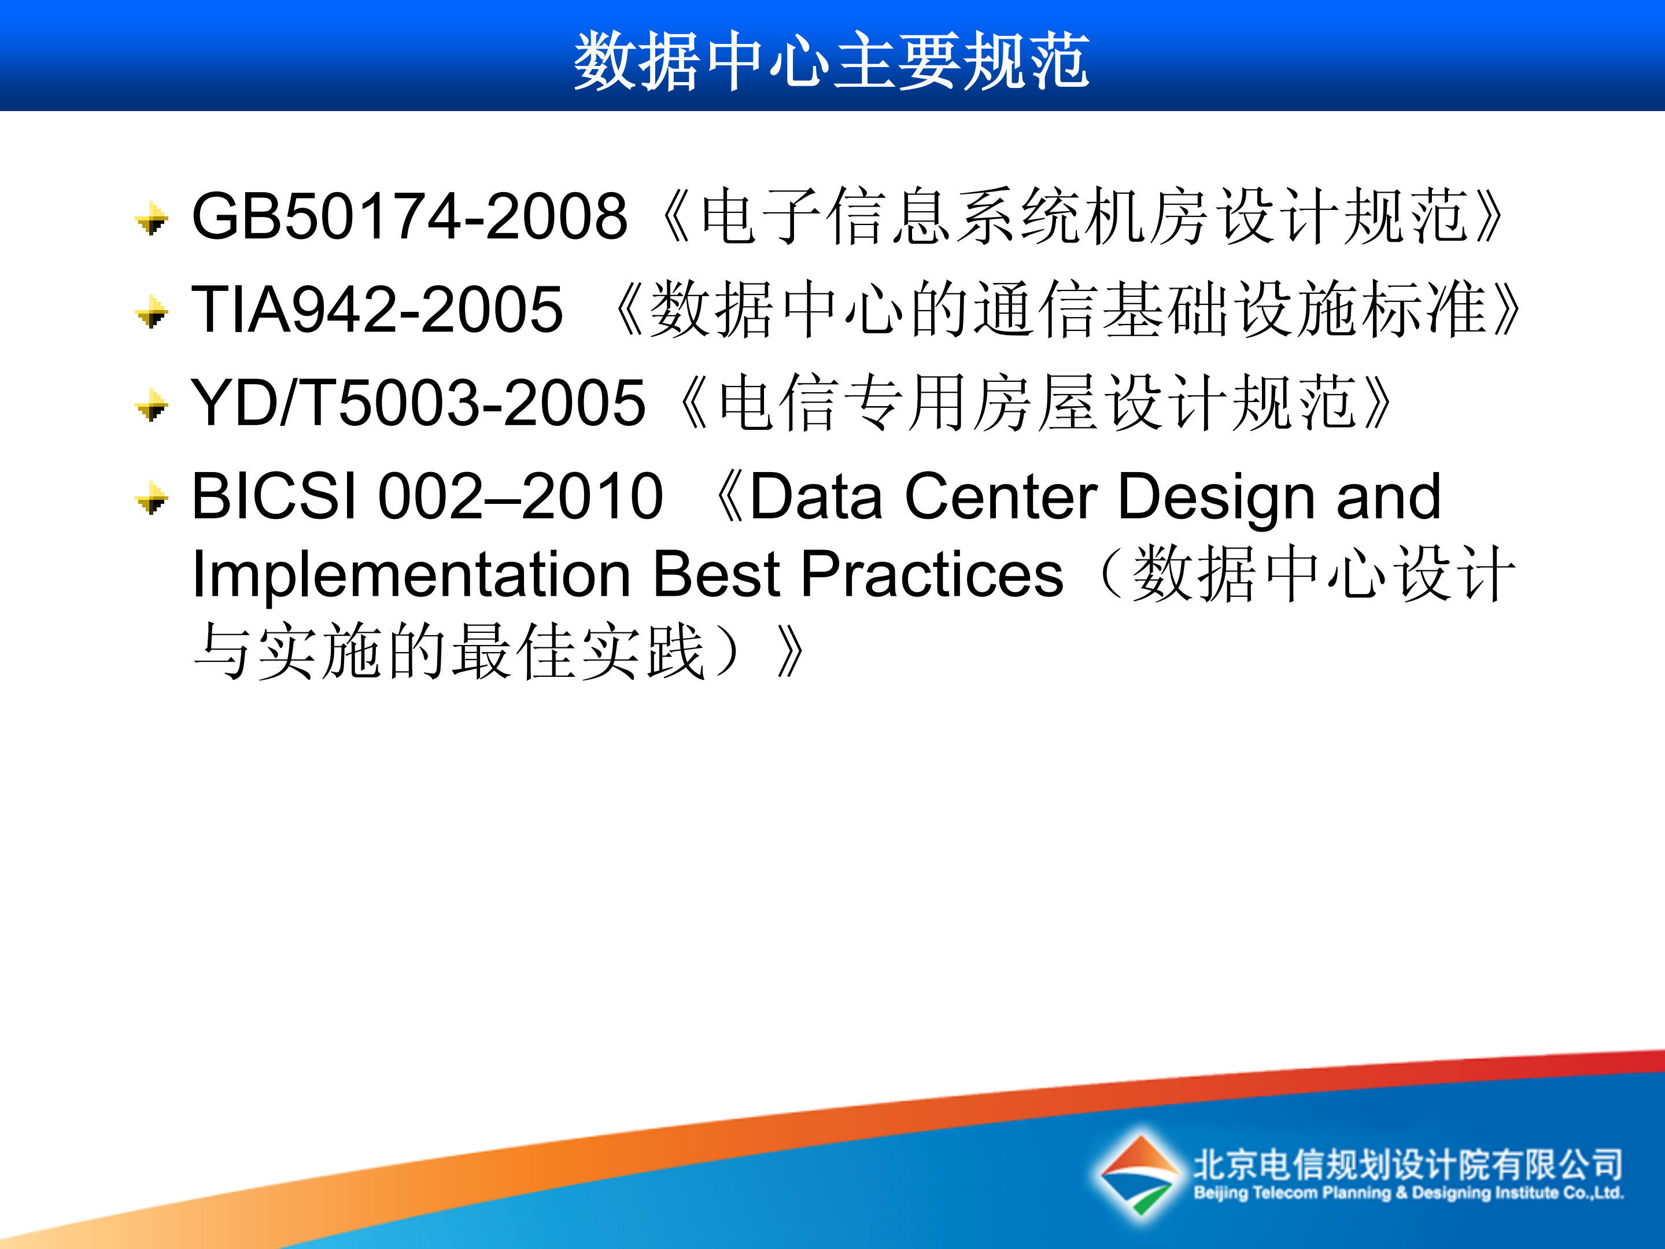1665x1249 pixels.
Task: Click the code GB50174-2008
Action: point(409,217)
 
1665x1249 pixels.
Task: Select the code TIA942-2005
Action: point(376,310)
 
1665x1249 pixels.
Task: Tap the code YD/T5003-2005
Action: point(418,404)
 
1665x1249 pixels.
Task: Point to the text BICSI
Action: point(274,496)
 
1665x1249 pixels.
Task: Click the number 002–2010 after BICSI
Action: point(520,496)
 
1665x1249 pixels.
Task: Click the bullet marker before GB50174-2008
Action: point(153,219)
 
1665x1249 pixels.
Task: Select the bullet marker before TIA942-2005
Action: point(153,312)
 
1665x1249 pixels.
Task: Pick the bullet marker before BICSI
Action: point(153,499)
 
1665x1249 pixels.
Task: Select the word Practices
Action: point(932,575)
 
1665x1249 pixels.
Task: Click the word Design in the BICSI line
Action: point(1216,498)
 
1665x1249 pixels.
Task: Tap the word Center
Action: point(1001,498)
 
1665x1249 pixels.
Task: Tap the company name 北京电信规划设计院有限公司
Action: point(1408,1164)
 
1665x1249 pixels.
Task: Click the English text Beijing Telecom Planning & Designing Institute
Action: point(1408,1193)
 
